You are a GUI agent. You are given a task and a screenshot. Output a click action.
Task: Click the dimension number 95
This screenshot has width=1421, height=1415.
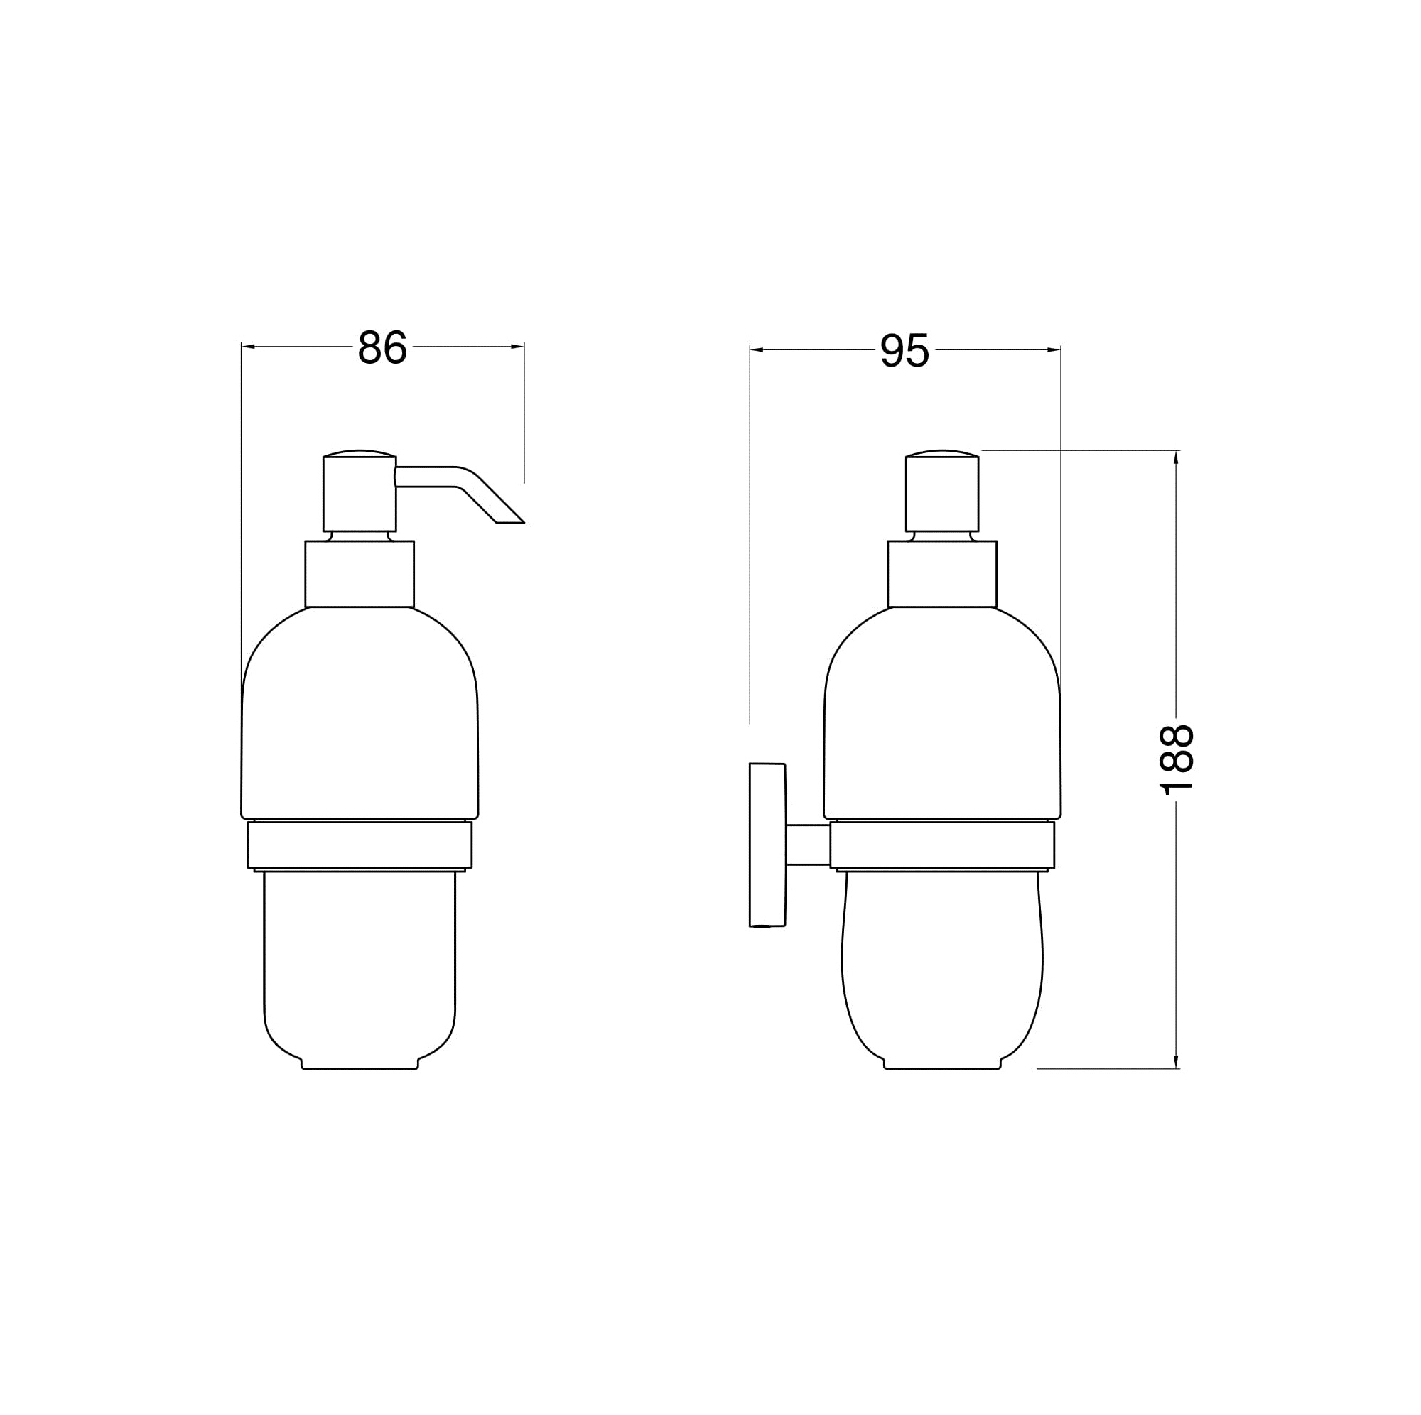(904, 351)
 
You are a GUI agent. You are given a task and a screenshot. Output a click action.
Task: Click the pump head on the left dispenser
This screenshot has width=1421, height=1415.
(360, 491)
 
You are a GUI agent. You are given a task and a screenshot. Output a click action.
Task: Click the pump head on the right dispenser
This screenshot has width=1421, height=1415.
(942, 491)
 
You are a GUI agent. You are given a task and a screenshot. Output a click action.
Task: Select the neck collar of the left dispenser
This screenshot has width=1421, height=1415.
(360, 575)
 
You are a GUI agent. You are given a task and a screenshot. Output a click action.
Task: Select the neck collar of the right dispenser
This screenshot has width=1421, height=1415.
(942, 575)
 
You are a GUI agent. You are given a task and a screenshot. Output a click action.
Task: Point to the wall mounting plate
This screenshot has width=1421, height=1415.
(768, 845)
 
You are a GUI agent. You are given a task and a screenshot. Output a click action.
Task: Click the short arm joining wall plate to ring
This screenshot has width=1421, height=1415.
(809, 845)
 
